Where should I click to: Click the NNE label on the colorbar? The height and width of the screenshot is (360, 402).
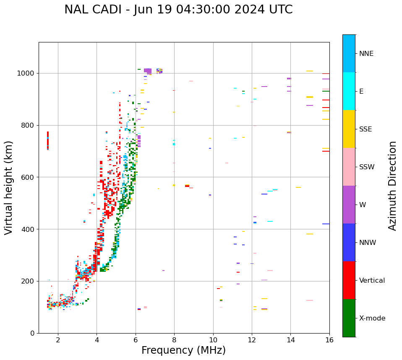(x=366, y=54)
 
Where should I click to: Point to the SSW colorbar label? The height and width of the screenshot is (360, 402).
(x=367, y=167)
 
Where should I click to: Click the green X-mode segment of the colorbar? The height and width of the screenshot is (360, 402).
(x=349, y=318)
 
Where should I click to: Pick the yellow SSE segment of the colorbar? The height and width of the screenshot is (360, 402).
(x=349, y=129)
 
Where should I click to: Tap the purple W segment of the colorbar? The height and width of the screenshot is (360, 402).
(x=349, y=205)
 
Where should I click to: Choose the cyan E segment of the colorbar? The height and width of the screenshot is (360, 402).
(x=349, y=91)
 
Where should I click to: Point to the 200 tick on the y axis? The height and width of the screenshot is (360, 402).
(x=28, y=281)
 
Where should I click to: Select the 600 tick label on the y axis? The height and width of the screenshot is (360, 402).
(x=28, y=177)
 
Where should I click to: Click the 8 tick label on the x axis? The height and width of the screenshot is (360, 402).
(x=174, y=340)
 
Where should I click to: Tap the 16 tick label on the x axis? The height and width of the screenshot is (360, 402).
(x=329, y=340)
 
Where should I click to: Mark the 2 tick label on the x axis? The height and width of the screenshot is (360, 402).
(x=58, y=340)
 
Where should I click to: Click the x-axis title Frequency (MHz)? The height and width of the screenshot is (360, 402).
(x=183, y=351)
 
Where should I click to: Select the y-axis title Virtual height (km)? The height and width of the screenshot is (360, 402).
(x=9, y=188)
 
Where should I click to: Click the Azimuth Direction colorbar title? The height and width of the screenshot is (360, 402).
(x=392, y=186)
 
